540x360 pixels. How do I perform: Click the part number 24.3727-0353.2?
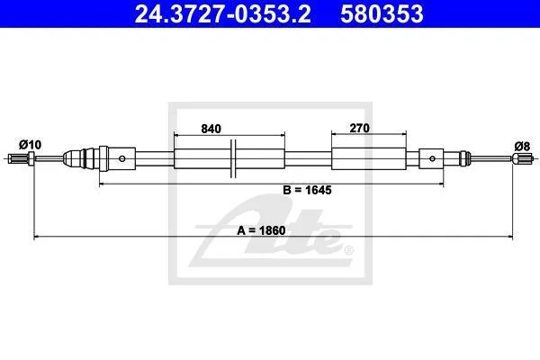(222, 13)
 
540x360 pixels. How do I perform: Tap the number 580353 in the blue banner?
(382, 13)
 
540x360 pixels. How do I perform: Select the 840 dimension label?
(211, 129)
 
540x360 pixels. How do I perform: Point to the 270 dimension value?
(359, 128)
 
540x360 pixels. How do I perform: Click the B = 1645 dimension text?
(307, 190)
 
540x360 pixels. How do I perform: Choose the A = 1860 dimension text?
(261, 230)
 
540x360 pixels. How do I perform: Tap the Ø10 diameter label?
(30, 145)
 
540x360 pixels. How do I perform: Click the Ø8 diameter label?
(522, 147)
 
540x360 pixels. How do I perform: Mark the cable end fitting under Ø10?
(21, 158)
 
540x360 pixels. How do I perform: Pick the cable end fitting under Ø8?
(523, 158)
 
